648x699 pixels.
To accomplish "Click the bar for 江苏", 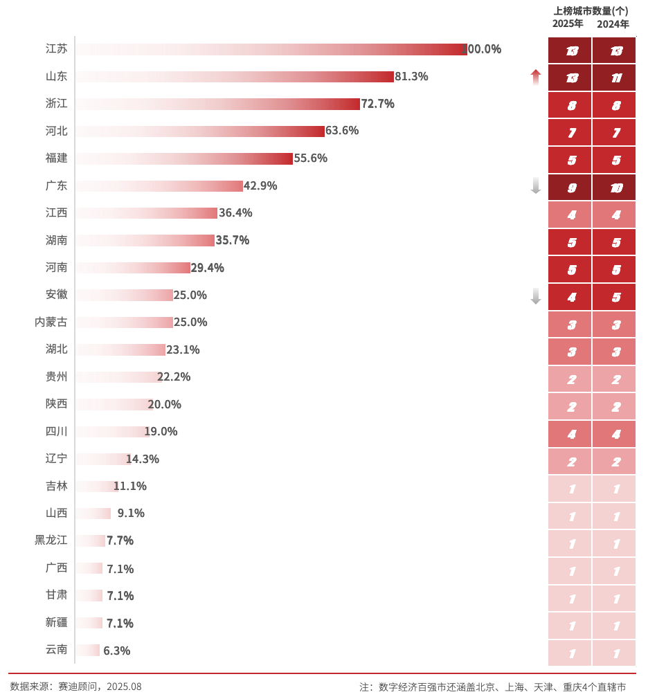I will click(270, 49).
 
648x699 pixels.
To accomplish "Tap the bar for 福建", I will click(183, 158).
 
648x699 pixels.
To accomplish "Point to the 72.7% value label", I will click(378, 104).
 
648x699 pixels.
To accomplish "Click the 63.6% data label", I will click(342, 131).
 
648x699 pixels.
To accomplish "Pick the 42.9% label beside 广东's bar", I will click(260, 185).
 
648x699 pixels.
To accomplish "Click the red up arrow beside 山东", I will click(535, 77).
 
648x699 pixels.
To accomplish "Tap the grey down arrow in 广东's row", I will click(535, 185).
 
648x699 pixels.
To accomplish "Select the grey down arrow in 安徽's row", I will click(535, 296).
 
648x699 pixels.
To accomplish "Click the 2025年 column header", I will click(568, 24).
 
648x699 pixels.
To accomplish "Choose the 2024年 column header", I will click(613, 24).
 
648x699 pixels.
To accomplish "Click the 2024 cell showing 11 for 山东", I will click(614, 78).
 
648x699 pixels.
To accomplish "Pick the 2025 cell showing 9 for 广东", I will click(570, 187).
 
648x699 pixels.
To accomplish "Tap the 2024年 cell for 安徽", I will click(614, 297).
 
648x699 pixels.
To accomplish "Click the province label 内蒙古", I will click(51, 322).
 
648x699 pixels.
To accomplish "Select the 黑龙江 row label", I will click(51, 540).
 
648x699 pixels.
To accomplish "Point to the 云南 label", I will click(56, 649).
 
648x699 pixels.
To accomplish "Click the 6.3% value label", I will click(116, 651).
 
